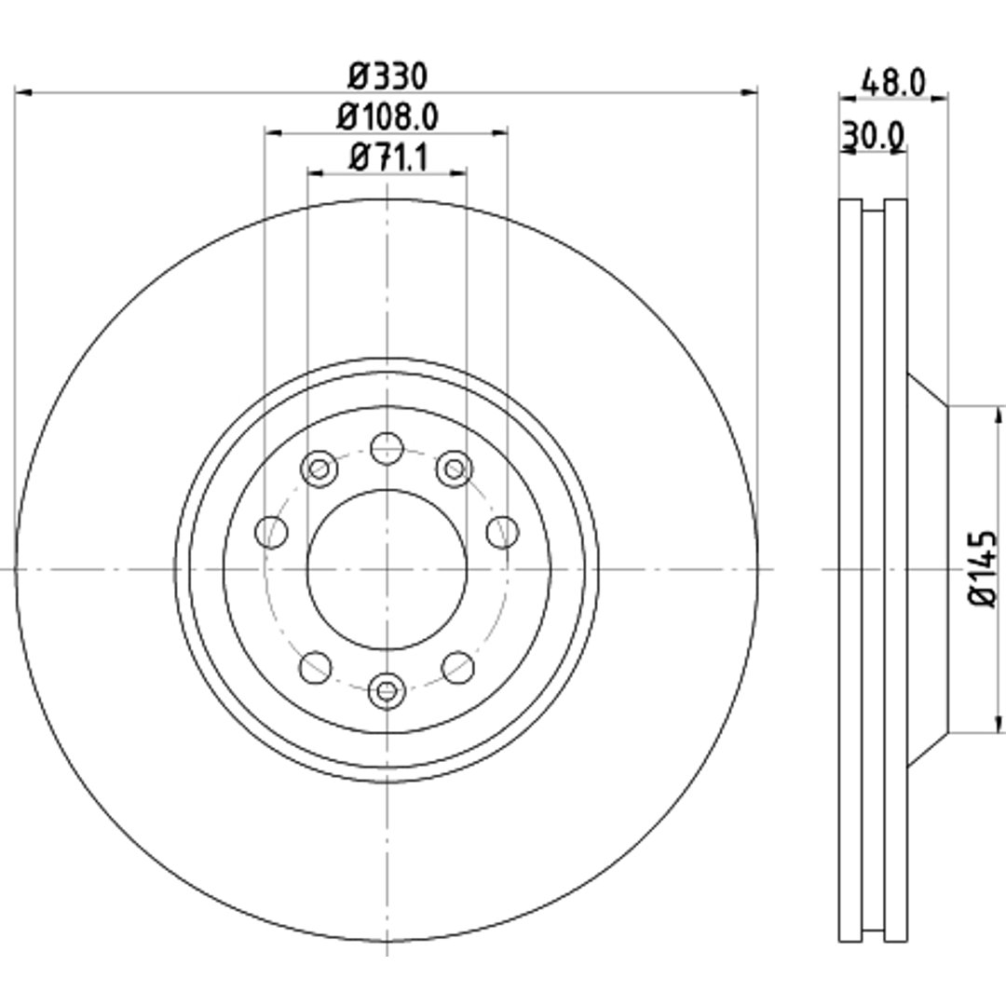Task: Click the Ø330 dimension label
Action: [387, 76]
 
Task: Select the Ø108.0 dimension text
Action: [387, 117]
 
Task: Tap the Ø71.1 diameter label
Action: [387, 157]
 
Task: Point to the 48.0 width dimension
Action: [893, 83]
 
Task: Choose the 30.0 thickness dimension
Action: [873, 135]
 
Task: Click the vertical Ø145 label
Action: [983, 568]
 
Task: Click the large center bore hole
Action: [387, 569]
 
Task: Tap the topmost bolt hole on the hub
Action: [387, 448]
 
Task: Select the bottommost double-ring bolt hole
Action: [387, 691]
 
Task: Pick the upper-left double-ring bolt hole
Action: [319, 469]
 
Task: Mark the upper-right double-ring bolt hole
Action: [455, 469]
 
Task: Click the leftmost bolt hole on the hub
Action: [271, 532]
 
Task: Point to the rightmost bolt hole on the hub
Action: [502, 532]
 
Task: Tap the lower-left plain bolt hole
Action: [316, 667]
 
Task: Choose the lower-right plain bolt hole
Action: [458, 667]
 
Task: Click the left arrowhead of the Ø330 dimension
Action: [23, 93]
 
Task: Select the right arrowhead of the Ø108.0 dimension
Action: [499, 133]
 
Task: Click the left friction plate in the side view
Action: [850, 570]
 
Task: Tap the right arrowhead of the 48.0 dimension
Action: [939, 98]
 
